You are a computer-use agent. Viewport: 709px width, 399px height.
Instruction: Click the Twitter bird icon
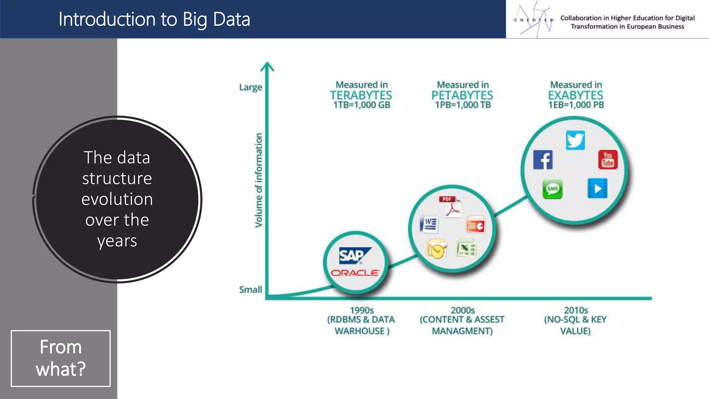click(575, 140)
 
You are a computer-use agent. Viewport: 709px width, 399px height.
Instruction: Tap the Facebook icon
click(543, 160)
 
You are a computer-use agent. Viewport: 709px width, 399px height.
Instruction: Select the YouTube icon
click(608, 160)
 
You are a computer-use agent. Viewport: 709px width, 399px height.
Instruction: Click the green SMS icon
click(552, 189)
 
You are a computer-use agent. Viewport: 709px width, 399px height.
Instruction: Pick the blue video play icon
click(598, 188)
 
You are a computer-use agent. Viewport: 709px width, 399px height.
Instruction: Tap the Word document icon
click(429, 224)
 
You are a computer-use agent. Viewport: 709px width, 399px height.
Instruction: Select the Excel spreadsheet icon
click(466, 248)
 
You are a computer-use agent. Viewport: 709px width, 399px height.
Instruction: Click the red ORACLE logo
click(355, 273)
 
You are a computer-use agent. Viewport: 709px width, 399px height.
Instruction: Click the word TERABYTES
click(361, 95)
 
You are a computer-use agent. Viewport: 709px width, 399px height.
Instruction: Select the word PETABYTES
click(462, 95)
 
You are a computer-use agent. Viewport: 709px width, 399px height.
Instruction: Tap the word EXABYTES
click(575, 95)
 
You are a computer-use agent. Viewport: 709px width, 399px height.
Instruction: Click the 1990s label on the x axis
click(362, 310)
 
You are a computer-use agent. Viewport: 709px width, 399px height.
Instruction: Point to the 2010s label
click(576, 310)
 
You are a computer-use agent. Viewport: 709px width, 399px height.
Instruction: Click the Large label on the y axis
click(251, 87)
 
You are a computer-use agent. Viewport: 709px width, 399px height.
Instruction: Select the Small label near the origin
click(251, 290)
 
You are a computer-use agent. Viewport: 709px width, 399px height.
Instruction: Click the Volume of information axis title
click(259, 180)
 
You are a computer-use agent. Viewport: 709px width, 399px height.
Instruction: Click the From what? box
click(61, 358)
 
